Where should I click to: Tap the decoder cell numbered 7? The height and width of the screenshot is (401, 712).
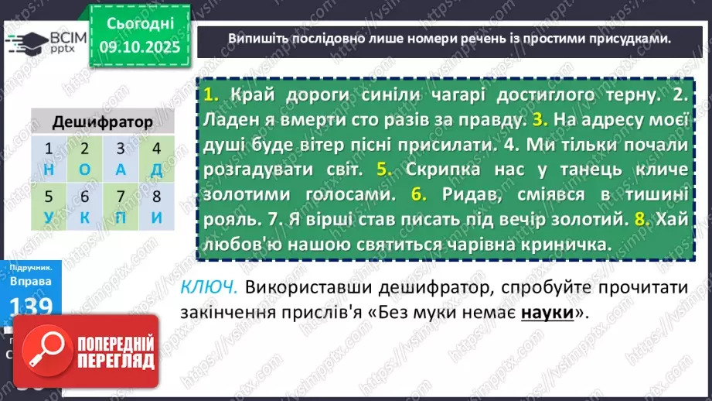coord(120,197)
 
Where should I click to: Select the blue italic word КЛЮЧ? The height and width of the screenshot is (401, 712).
coord(208,287)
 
